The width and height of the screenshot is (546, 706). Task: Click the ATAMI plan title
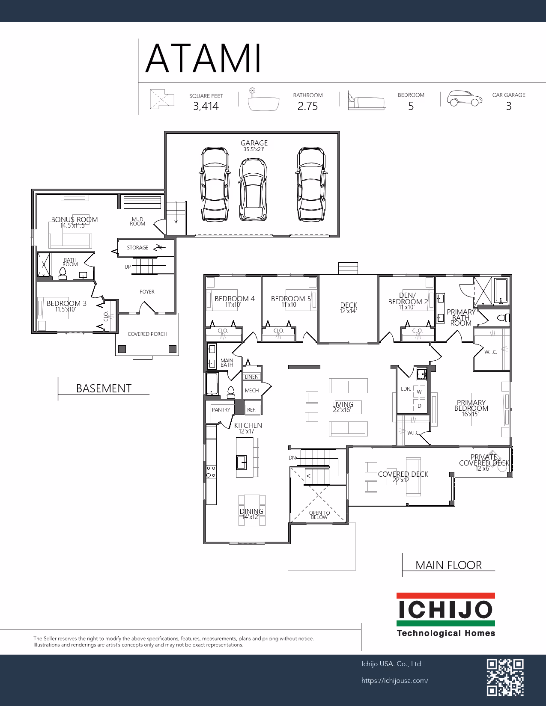203,59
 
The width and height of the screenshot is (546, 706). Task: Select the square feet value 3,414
206,106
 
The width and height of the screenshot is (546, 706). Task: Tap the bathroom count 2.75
307,106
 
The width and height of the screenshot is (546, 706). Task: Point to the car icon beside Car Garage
465,98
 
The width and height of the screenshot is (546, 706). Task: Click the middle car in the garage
253,190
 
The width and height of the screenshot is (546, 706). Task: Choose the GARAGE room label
254,143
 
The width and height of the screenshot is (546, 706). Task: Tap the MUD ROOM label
137,222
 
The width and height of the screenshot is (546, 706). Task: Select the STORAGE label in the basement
137,248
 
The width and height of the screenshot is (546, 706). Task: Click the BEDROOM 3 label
66,303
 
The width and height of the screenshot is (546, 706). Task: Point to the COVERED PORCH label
147,334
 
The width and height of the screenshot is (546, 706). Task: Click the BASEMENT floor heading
104,388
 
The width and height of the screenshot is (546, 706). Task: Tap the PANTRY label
221,410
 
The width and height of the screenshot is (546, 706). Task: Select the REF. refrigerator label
252,410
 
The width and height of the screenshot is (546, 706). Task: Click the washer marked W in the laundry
419,392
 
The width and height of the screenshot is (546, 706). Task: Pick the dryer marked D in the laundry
419,406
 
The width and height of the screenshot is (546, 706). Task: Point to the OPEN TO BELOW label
319,515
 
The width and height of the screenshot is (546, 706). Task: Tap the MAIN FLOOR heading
448,565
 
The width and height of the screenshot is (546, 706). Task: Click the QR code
505,677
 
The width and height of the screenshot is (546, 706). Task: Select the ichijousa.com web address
395,681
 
